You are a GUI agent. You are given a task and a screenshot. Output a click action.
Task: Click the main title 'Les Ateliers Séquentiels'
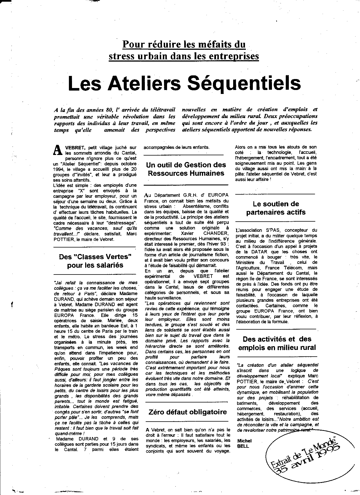pos(184,83)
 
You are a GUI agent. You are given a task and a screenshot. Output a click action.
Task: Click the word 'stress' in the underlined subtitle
pos(122,56)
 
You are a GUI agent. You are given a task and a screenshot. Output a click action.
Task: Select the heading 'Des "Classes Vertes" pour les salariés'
pos(95,261)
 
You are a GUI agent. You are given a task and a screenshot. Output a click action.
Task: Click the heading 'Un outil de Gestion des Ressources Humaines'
pos(186,169)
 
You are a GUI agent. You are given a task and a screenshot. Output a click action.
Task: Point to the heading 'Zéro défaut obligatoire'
pos(188,412)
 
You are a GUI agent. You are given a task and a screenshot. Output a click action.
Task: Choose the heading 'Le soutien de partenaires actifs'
pos(276,208)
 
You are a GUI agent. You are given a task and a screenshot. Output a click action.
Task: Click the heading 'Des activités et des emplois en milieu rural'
pos(277,343)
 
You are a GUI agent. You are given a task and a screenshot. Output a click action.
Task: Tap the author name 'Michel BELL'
pos(244,443)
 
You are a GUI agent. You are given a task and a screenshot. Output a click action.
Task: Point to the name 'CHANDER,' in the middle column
pos(216,233)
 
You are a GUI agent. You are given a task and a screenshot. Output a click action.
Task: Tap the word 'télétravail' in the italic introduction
pos(163,109)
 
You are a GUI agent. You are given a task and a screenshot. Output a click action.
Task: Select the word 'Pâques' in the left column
pos(62,369)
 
